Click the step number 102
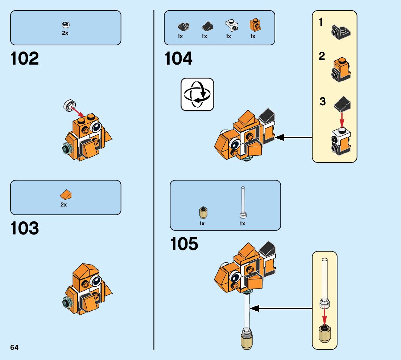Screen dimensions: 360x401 [x=25, y=59]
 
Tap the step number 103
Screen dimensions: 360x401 [x=25, y=229]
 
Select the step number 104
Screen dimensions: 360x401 [x=178, y=59]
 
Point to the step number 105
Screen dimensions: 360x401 [x=184, y=244]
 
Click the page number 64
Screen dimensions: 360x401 [x=15, y=347]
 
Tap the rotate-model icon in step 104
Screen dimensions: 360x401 [x=197, y=94]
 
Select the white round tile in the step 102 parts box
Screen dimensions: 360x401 [x=66, y=25]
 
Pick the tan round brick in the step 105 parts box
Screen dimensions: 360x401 [x=204, y=212]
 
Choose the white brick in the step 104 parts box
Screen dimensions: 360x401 [x=230, y=25]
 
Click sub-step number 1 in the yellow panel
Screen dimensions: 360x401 [x=321, y=22]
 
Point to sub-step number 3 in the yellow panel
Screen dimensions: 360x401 [x=322, y=102]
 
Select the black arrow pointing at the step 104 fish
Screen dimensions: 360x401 [x=294, y=138]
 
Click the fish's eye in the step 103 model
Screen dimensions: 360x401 [x=96, y=281]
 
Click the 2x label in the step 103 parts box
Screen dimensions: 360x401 [x=64, y=205]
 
